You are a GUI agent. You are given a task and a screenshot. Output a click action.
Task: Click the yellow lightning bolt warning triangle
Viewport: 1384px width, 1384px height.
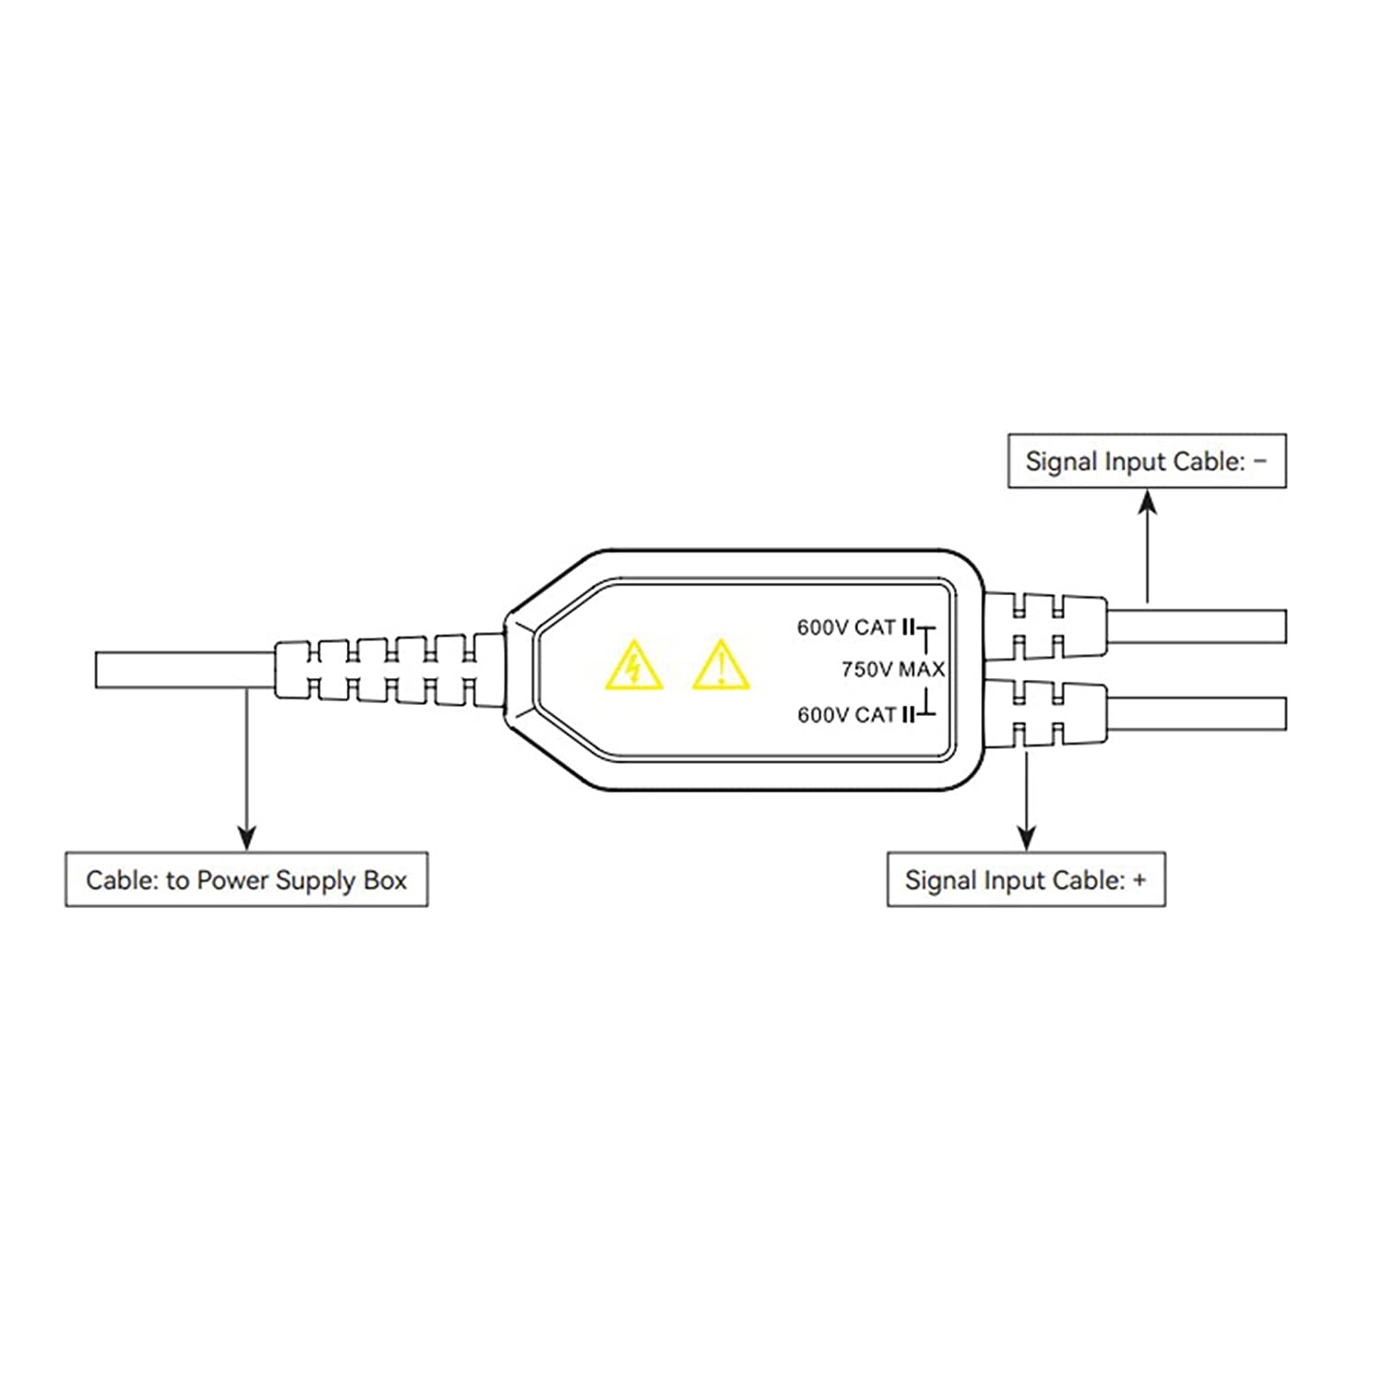634,666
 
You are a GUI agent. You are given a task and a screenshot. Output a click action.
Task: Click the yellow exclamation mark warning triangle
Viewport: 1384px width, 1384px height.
721,666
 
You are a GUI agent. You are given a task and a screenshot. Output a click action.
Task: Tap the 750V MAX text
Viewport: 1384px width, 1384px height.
892,669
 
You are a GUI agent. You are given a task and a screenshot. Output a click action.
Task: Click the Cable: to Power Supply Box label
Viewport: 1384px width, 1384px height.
246,879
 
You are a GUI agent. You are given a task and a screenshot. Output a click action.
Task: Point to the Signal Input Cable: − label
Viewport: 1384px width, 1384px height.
1147,461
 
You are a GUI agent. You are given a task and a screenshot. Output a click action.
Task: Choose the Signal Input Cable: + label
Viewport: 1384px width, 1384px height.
1026,879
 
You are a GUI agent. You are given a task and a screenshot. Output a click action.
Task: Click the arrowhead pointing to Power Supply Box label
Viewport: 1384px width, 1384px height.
246,837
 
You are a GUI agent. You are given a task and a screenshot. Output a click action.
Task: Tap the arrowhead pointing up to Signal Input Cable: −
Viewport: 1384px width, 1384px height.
1147,502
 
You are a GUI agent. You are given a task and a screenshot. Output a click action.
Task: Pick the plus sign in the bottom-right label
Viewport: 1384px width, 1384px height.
1139,880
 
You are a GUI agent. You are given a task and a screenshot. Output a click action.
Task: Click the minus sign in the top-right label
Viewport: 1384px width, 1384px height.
1260,461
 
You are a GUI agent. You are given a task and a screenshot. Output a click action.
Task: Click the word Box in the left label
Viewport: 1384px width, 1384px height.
385,880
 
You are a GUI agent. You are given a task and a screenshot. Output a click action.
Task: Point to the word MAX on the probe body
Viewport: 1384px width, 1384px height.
922,669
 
